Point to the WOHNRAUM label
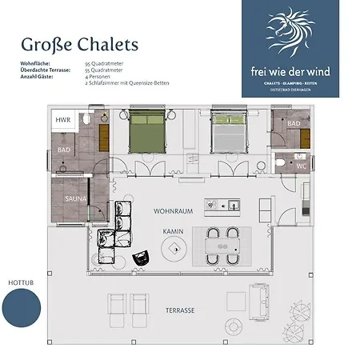tap(171, 210)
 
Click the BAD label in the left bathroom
tap(64, 150)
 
